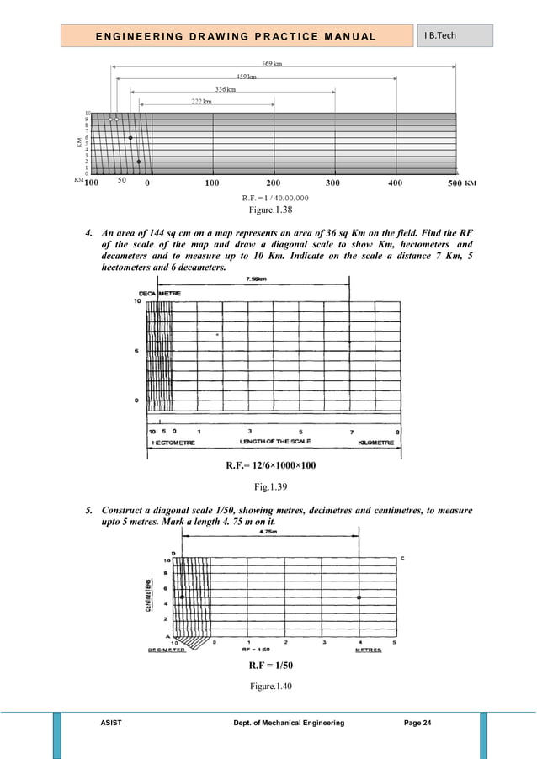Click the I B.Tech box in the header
[455, 36]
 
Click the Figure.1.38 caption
[268, 210]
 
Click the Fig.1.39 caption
[268, 486]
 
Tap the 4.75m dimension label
[270, 531]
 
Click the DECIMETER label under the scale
[167, 650]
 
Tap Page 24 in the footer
[411, 723]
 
